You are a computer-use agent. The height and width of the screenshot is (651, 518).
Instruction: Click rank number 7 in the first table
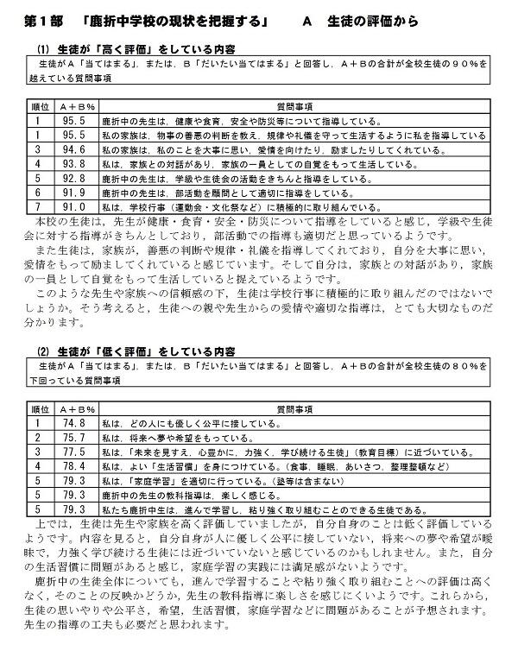pos(39,207)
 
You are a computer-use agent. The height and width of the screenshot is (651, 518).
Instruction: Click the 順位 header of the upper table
pos(39,106)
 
